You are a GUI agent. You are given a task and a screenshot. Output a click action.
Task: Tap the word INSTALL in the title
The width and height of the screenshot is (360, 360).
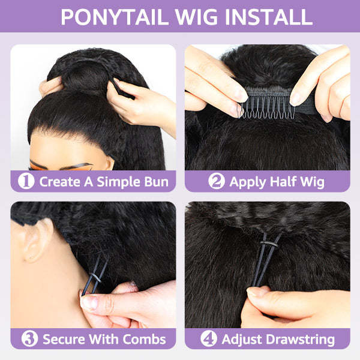[x=266, y=17]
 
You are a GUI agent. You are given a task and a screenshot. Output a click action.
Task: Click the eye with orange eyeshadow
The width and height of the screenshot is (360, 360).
[x=48, y=165]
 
